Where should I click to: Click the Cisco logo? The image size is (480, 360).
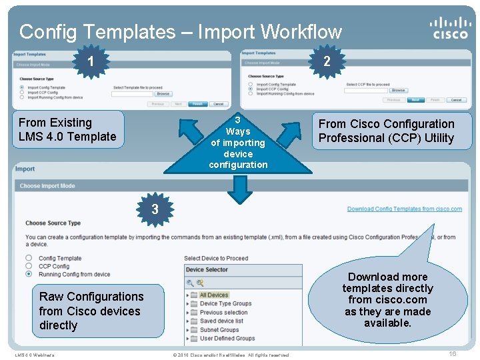pos(450,27)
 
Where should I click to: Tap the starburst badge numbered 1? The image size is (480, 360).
pos(91,62)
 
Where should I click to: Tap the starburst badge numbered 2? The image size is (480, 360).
pos(326,62)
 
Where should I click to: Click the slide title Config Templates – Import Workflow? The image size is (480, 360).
pos(180,31)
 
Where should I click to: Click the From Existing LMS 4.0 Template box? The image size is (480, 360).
pos(67,129)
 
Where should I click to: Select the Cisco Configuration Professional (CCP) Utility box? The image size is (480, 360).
pos(386,131)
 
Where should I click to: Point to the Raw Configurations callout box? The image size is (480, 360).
pos(91,311)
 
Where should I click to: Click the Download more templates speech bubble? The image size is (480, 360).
pos(387,299)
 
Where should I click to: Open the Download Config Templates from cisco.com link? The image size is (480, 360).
pos(404,209)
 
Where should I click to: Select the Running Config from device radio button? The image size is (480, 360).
pos(29,274)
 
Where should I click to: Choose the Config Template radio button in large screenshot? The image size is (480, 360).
pos(29,258)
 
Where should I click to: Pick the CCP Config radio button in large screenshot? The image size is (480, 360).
pos(29,266)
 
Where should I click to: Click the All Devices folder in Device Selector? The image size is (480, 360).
pos(213,295)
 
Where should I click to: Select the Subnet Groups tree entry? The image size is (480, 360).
pos(219,330)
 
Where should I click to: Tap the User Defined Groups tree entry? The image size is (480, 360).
pos(227,339)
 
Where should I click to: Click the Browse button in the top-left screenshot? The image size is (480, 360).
pos(163,94)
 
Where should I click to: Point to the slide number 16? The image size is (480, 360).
pos(452,354)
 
